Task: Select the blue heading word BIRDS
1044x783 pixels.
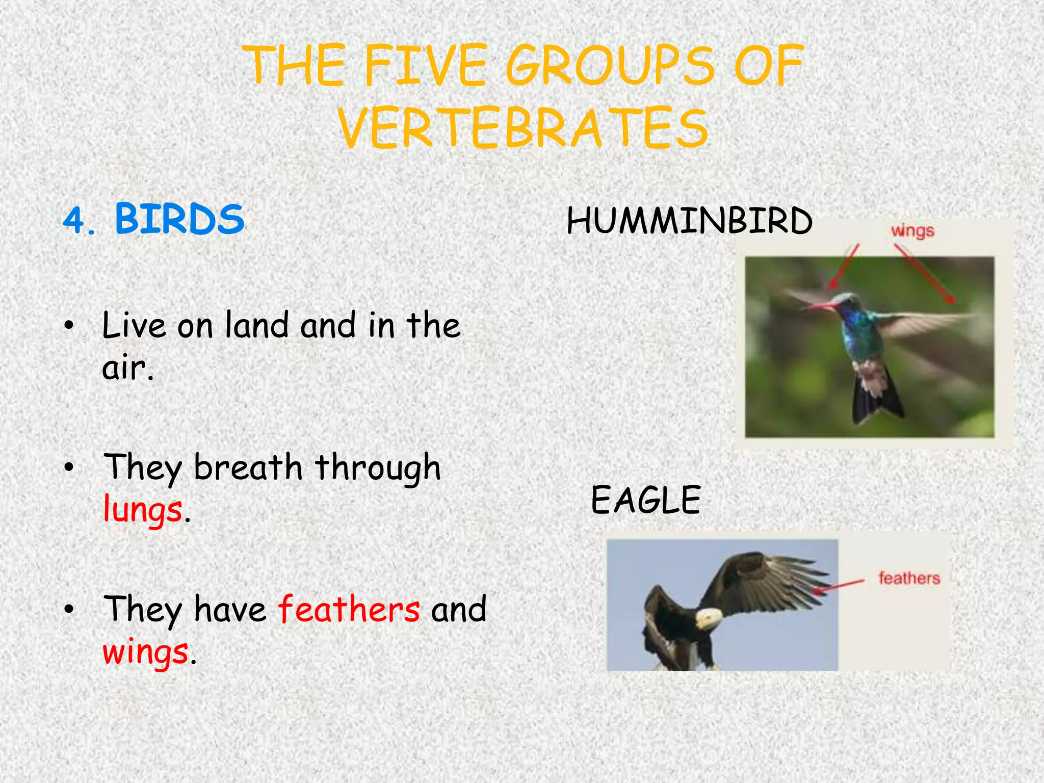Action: pyautogui.click(x=179, y=219)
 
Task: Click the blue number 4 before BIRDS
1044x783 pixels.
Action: pyautogui.click(x=75, y=221)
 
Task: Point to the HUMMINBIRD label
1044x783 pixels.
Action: pyautogui.click(x=689, y=221)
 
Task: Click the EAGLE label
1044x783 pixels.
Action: pyautogui.click(x=646, y=500)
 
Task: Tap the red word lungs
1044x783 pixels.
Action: pyautogui.click(x=143, y=510)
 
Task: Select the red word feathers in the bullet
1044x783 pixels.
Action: pyautogui.click(x=349, y=609)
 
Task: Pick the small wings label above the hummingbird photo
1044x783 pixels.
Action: pyautogui.click(x=912, y=231)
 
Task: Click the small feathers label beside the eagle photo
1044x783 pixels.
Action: pyautogui.click(x=909, y=578)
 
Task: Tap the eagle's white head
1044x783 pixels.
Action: pyautogui.click(x=709, y=618)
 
